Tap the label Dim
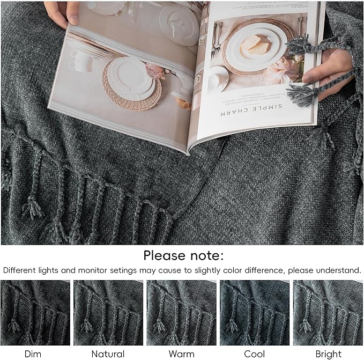[33, 354]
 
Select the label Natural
[108, 354]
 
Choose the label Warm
[181, 354]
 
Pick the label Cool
[254, 354]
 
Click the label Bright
[328, 354]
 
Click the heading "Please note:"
[183, 255]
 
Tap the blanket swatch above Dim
[35, 313]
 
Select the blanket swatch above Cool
[254, 313]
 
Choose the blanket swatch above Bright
[328, 313]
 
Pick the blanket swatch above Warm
[181, 313]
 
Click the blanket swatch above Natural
[108, 313]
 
